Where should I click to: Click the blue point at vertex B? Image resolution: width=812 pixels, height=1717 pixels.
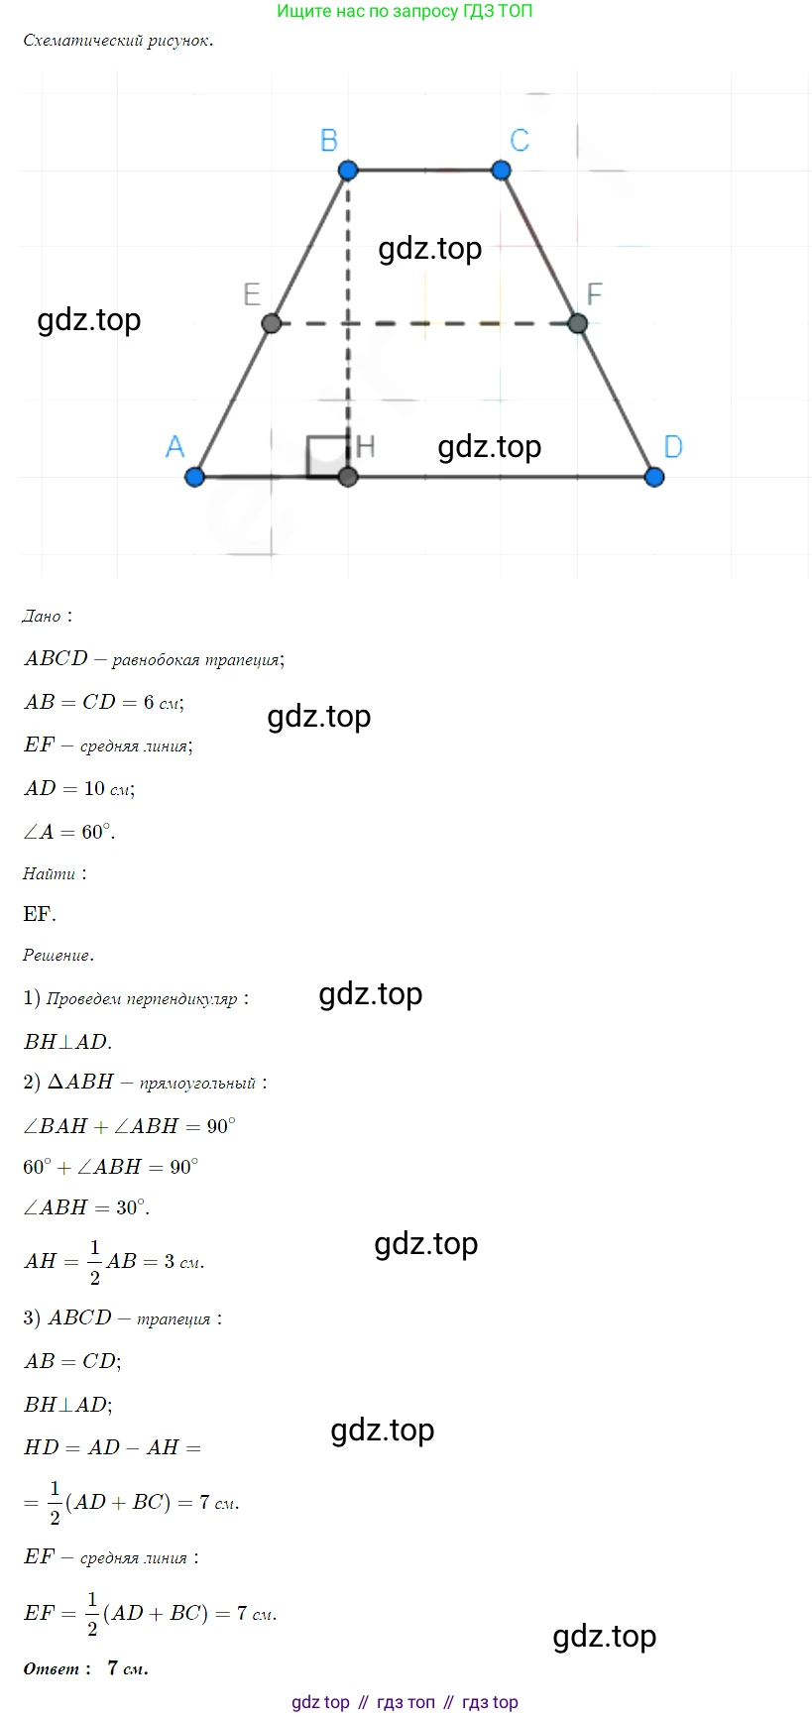pos(347,171)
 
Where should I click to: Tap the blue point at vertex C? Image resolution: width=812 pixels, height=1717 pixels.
pos(501,171)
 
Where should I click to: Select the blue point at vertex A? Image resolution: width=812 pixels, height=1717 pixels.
pos(194,477)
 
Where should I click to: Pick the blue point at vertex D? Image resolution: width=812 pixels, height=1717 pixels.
pos(653,477)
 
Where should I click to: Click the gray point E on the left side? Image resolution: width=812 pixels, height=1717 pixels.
pos(271,323)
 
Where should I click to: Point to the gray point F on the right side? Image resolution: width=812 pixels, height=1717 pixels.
pos(578,323)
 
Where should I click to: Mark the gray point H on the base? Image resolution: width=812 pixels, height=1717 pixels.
pos(347,477)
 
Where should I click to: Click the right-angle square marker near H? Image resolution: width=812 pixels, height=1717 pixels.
pos(325,456)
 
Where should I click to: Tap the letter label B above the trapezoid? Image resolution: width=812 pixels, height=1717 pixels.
pos(329,141)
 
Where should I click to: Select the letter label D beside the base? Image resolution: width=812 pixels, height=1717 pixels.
pos(673,447)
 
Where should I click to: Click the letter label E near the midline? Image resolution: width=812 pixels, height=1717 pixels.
pos(252,294)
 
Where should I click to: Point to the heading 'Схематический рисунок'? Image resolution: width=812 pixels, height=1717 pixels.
pos(118,42)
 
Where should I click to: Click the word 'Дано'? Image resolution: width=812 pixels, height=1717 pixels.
pos(42,617)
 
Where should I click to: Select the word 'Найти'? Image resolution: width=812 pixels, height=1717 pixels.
pos(50,874)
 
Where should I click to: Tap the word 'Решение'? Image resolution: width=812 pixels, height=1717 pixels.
pos(58,956)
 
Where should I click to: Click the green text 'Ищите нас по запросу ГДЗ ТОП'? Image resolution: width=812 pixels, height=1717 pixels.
pos(405,12)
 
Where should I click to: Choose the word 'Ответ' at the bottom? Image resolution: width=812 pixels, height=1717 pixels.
pos(52,1669)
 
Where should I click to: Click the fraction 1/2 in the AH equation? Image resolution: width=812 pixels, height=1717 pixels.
pos(95,1262)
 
